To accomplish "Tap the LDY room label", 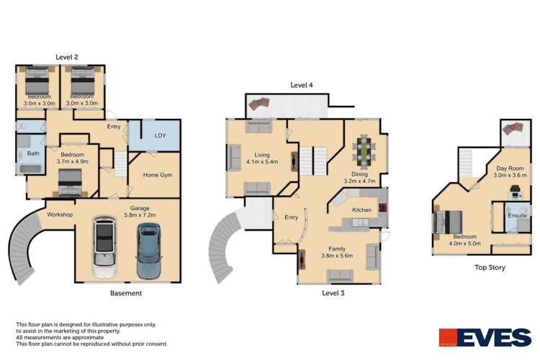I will (x=161, y=135).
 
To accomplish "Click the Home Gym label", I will (x=157, y=175).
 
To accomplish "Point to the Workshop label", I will (x=60, y=215).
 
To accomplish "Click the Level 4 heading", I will (x=302, y=85).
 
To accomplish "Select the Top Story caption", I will (x=490, y=267).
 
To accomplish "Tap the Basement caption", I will (x=126, y=293).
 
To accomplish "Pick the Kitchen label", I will (x=361, y=210).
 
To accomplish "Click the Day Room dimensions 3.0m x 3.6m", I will (x=510, y=175).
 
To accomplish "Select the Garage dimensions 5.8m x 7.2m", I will (x=135, y=215).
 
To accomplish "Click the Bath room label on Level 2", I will (x=33, y=153).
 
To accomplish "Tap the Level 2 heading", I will (x=67, y=57).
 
